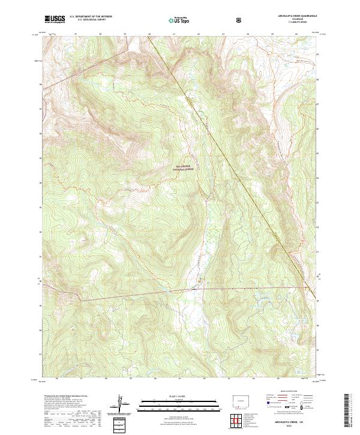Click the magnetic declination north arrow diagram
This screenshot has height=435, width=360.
click(x=122, y=405)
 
